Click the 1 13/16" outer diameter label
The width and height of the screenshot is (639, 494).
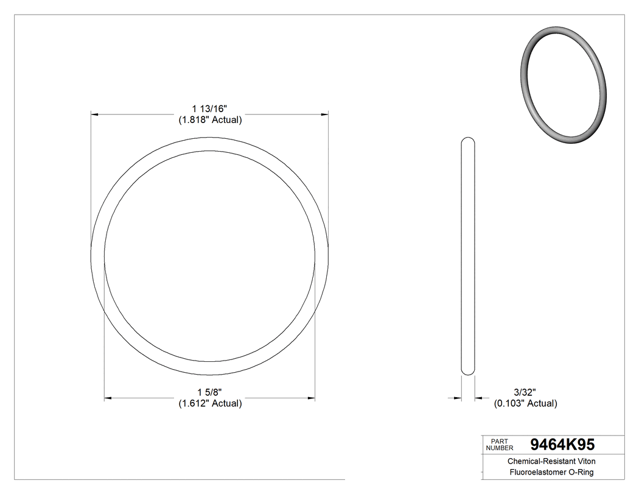click(x=210, y=109)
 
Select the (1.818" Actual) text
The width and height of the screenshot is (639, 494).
click(x=210, y=120)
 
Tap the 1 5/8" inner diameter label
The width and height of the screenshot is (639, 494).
click(x=210, y=392)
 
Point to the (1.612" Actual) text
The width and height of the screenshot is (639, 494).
click(x=210, y=403)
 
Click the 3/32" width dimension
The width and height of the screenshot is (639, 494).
click(x=525, y=392)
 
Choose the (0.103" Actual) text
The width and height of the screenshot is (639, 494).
click(x=525, y=403)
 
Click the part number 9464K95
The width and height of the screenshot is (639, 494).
click(x=562, y=445)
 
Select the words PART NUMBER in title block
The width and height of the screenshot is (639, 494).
click(x=500, y=445)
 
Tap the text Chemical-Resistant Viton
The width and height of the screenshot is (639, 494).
click(x=551, y=462)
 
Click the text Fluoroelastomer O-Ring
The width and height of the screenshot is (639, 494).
click(x=551, y=473)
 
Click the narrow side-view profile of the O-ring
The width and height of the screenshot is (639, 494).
click(x=468, y=256)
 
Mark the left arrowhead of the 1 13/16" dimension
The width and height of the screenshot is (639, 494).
click(x=94, y=114)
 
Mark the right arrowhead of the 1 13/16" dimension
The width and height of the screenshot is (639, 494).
click(x=325, y=114)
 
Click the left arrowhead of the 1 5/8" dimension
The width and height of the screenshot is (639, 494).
click(x=108, y=398)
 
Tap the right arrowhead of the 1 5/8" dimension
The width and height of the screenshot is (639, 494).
click(x=311, y=398)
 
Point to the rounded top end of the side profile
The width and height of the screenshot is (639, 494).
click(x=468, y=140)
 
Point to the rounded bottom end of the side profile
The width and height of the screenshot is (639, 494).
click(x=468, y=372)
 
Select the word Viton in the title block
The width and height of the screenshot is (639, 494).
click(x=585, y=462)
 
